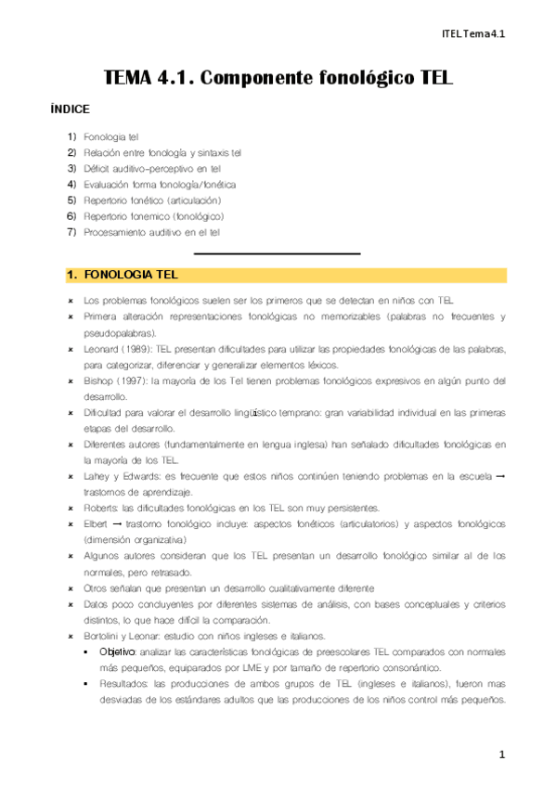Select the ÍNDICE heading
pos(70,109)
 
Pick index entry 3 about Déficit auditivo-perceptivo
pos(151,168)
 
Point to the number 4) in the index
pos(71,184)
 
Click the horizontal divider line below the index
pos(277,252)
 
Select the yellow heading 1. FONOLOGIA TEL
pos(123,276)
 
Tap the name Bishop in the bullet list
pos(97,381)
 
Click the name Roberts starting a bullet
pos(100,508)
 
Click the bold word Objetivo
pos(118,652)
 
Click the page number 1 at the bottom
pos(501,755)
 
